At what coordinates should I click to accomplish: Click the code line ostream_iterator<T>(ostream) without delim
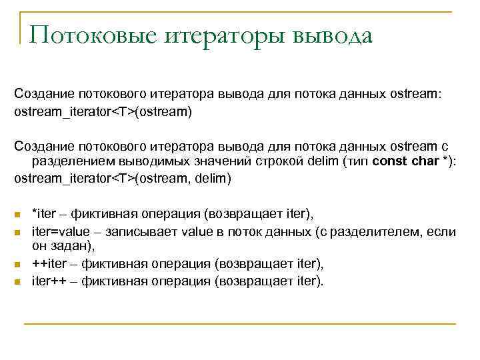pyautogui.click(x=103, y=111)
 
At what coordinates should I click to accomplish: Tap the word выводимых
pyautogui.click(x=147, y=162)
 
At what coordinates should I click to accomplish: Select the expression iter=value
pyautogui.click(x=59, y=231)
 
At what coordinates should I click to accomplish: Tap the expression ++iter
pyautogui.click(x=49, y=264)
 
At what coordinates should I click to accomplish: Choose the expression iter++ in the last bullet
pyautogui.click(x=49, y=281)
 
